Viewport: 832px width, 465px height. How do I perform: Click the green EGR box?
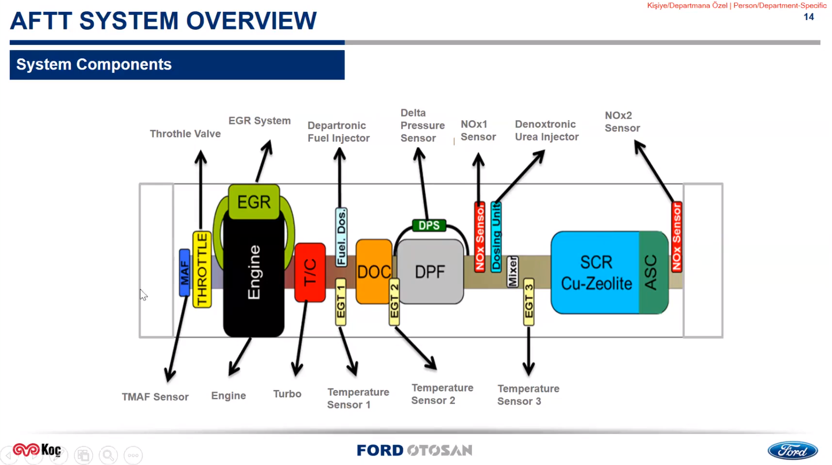coord(254,202)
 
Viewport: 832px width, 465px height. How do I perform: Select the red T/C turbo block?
coord(310,272)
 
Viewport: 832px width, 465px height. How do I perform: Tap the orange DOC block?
coord(373,271)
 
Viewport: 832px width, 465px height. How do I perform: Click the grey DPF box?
coord(430,272)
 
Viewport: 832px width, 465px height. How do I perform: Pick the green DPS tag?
coord(429,226)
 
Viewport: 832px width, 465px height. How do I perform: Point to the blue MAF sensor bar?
coord(184,273)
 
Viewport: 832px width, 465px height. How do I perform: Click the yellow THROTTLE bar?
coord(202,269)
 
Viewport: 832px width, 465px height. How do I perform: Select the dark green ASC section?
coord(652,272)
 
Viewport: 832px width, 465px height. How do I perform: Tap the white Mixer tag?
coord(512,271)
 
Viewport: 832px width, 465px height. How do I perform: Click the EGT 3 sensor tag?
coord(529,302)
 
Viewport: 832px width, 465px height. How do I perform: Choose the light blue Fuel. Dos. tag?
coord(341,237)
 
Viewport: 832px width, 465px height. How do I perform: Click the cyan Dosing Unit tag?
coord(496,236)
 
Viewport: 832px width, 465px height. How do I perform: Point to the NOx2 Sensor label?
coord(622,122)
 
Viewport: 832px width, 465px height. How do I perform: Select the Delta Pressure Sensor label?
coord(422,126)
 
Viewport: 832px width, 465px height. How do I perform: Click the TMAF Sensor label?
coord(155,397)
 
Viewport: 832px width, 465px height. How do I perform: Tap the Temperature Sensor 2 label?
coord(442,394)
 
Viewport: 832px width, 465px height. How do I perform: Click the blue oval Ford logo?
coord(792,451)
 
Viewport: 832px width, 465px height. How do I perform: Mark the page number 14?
coord(809,17)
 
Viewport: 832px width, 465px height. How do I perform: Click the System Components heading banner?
coord(177,65)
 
